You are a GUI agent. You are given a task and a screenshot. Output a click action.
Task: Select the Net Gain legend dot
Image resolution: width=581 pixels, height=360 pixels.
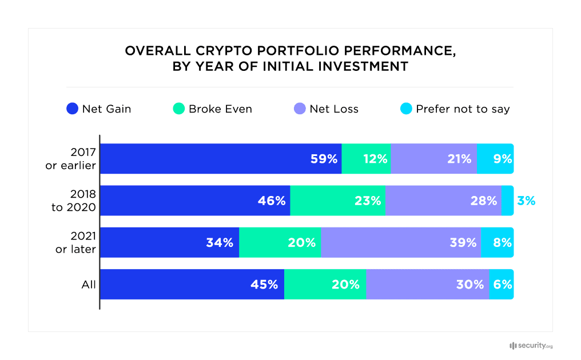pyautogui.click(x=72, y=109)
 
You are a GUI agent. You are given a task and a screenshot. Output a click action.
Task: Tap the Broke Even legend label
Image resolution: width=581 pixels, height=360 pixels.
pyautogui.click(x=220, y=109)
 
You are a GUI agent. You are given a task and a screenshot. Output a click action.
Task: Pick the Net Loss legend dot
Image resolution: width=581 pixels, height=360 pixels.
pyautogui.click(x=300, y=109)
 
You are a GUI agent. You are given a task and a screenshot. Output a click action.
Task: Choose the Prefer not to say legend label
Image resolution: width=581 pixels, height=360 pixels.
pyautogui.click(x=463, y=109)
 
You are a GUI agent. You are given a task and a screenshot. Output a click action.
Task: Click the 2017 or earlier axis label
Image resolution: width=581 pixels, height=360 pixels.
pyautogui.click(x=75, y=159)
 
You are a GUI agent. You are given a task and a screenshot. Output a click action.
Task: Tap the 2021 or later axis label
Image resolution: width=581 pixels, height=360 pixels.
pyautogui.click(x=75, y=242)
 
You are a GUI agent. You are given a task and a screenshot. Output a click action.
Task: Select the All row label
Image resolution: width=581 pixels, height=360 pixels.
pyautogui.click(x=89, y=285)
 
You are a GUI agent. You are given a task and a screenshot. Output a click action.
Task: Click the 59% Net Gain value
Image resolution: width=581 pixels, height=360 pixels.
pyautogui.click(x=324, y=159)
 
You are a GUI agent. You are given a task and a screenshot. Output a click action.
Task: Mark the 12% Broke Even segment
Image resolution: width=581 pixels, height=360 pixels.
pyautogui.click(x=366, y=159)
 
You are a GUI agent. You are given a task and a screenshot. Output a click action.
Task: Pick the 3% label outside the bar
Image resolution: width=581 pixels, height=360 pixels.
pyautogui.click(x=526, y=201)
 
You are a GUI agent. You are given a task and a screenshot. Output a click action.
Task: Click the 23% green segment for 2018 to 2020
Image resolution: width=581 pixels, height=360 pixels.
pyautogui.click(x=337, y=201)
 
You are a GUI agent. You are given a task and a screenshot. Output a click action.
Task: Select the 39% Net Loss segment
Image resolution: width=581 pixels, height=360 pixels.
pyautogui.click(x=401, y=242)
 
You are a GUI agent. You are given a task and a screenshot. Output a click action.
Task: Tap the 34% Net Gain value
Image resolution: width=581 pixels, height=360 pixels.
pyautogui.click(x=220, y=242)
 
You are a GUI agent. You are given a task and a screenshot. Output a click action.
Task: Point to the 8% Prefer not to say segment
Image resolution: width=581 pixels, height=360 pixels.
pyautogui.click(x=498, y=242)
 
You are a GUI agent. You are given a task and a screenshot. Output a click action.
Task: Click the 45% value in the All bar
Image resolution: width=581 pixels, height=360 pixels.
pyautogui.click(x=264, y=285)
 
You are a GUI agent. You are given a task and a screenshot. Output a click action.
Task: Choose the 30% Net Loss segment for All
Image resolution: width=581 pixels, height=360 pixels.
pyautogui.click(x=427, y=285)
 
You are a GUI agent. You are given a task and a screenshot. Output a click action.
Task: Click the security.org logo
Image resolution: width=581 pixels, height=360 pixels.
pyautogui.click(x=531, y=346)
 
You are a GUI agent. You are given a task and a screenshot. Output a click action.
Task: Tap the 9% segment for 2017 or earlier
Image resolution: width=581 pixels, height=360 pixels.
pyautogui.click(x=495, y=159)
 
